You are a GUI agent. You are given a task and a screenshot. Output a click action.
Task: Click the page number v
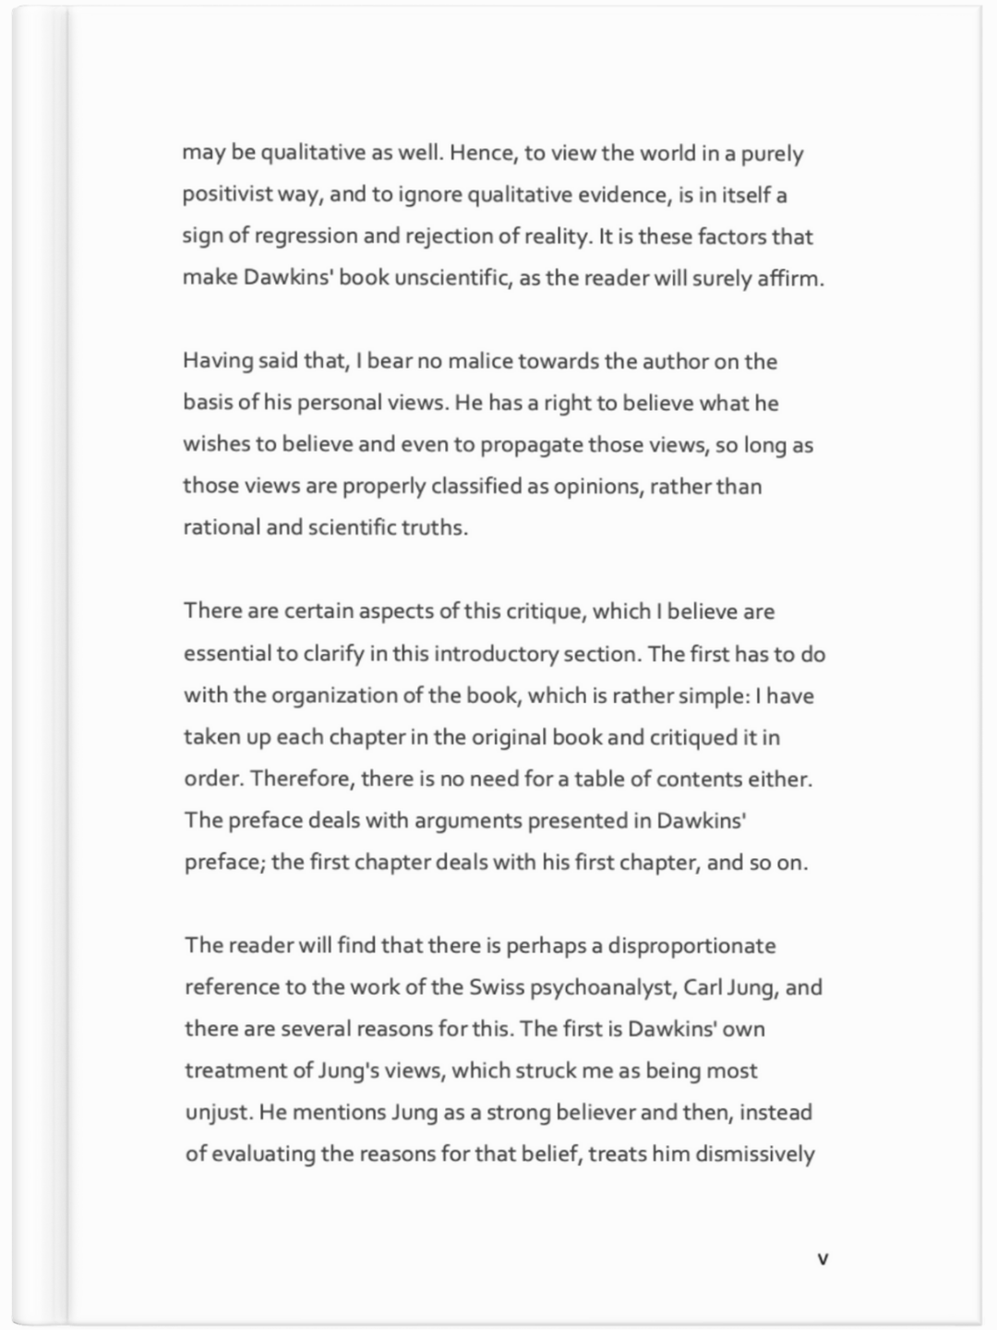click(x=823, y=1259)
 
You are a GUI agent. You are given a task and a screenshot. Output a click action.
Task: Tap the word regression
click(x=306, y=236)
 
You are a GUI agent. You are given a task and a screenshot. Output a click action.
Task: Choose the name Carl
click(x=703, y=987)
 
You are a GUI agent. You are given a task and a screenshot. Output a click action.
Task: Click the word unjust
click(x=218, y=1112)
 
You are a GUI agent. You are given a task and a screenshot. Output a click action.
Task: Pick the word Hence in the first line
click(x=474, y=153)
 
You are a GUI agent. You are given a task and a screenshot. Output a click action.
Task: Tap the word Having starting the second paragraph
click(x=217, y=361)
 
